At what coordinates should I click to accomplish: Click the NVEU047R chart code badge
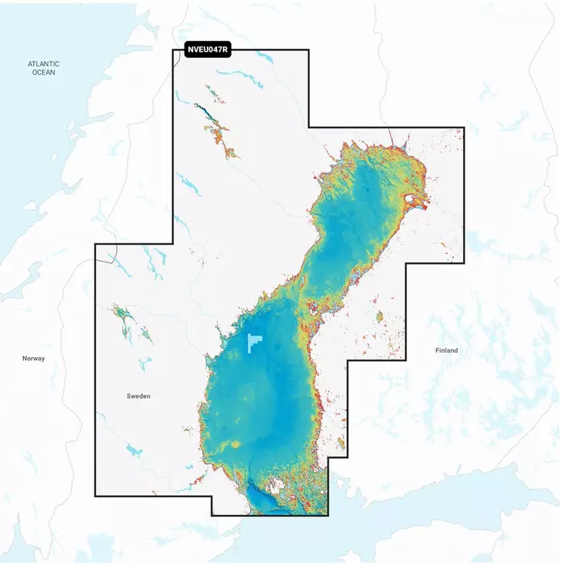click(x=208, y=50)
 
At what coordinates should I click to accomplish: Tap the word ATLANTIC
click(x=44, y=64)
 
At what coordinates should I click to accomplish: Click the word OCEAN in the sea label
click(x=44, y=72)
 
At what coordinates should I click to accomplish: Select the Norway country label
click(x=33, y=359)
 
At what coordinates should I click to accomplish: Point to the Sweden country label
click(x=138, y=395)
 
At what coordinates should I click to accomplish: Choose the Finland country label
click(x=446, y=350)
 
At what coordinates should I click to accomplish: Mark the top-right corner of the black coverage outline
click(x=465, y=128)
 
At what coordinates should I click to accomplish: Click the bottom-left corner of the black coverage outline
click(x=95, y=496)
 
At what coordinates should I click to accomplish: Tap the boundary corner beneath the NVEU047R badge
click(x=172, y=51)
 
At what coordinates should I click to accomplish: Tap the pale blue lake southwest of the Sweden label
click(x=134, y=449)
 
